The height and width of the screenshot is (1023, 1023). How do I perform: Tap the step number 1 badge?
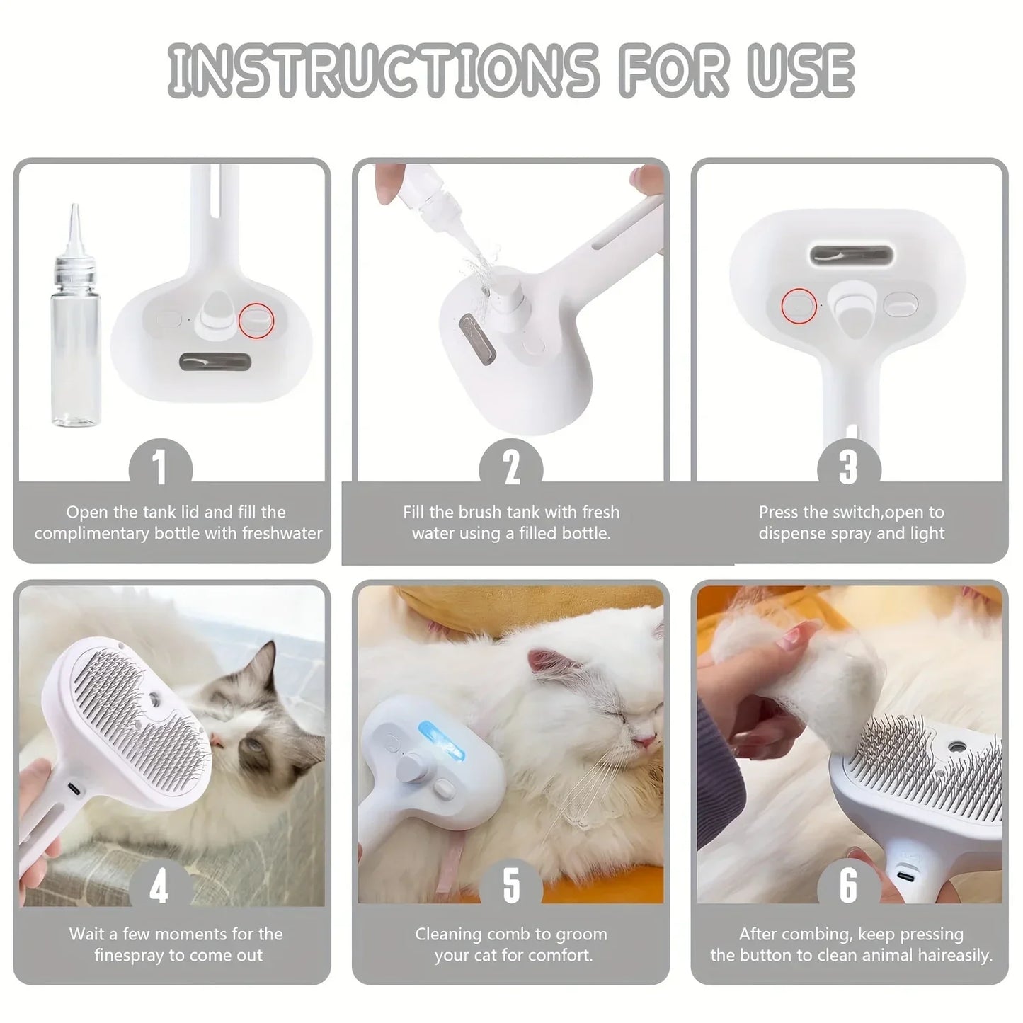(161, 467)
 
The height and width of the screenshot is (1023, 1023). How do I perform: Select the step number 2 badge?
(510, 467)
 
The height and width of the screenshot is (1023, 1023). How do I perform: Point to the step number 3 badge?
(848, 467)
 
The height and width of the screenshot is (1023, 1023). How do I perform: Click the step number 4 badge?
(161, 886)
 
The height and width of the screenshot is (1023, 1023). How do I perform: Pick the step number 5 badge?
(510, 886)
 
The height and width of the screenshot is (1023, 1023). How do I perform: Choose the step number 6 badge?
(848, 886)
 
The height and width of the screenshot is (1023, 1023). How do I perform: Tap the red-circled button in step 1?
(256, 320)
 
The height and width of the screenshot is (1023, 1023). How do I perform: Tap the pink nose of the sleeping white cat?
(644, 741)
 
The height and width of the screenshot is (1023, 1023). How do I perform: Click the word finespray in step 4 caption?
(129, 955)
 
